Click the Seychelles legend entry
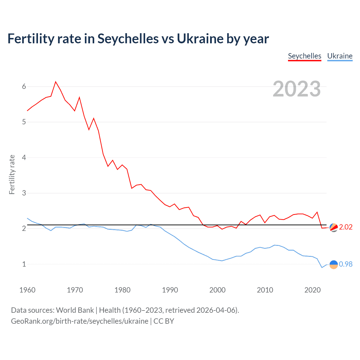pos(305,56)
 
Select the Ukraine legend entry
pos(340,56)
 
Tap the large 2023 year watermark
pos(296,89)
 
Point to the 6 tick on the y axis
pos(24,87)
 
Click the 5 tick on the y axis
pos(24,122)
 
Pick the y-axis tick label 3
pos(24,193)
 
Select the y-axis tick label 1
pos(24,264)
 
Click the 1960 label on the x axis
pos(27,290)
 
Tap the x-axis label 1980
pos(122,290)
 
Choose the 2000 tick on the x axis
pos(217,290)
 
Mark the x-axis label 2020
pos(312,290)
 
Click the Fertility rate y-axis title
pos(12,174)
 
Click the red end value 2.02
pos(346,227)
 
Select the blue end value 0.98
pos(346,264)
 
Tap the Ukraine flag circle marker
pos(334,264)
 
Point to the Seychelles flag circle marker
pos(334,227)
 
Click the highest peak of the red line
pos(56,82)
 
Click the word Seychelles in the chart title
pos(128,39)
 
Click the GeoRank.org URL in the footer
pos(80,321)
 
